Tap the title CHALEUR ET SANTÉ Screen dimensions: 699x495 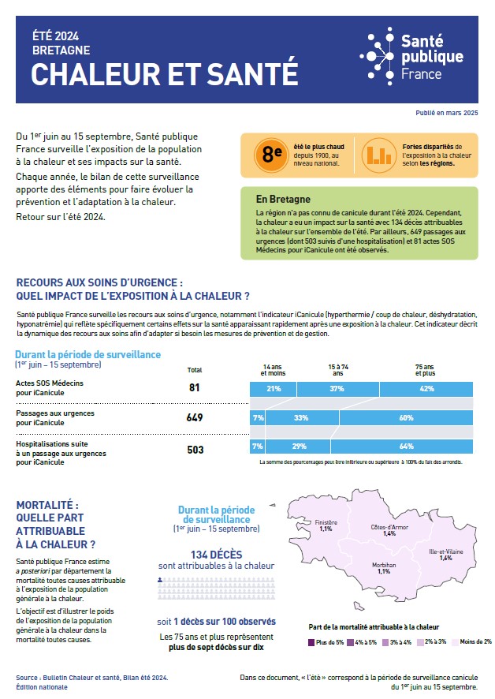164,73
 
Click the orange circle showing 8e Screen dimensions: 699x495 272,154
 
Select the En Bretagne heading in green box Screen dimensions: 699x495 283,199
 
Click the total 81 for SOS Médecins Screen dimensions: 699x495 195,388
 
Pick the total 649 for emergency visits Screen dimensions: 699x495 195,417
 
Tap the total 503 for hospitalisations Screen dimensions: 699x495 195,449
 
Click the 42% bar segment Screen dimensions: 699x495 426,388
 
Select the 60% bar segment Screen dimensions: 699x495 406,417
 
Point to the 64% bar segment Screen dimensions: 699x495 407,447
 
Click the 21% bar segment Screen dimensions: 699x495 274,388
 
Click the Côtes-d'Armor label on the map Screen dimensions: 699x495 389,530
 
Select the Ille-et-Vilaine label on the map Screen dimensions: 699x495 445,554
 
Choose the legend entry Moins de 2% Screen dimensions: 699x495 472,641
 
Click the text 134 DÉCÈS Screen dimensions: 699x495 216,553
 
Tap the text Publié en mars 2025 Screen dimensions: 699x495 447,114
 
